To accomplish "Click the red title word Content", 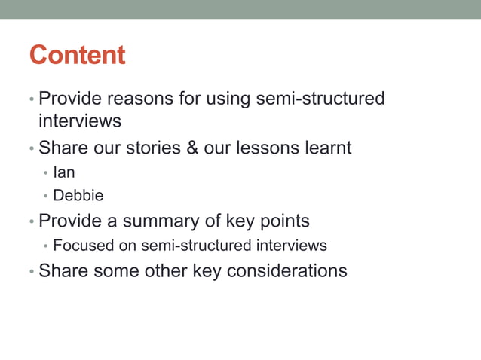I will pos(77,55).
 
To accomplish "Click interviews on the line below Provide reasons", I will pos(80,121).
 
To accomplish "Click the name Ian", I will pos(64,172).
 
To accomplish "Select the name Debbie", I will pos(78,196).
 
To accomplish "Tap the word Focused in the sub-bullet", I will pos(81,246).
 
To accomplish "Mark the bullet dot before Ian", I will pos(46,173).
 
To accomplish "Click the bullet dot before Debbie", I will pos(46,197).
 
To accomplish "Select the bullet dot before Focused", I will pos(46,246).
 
